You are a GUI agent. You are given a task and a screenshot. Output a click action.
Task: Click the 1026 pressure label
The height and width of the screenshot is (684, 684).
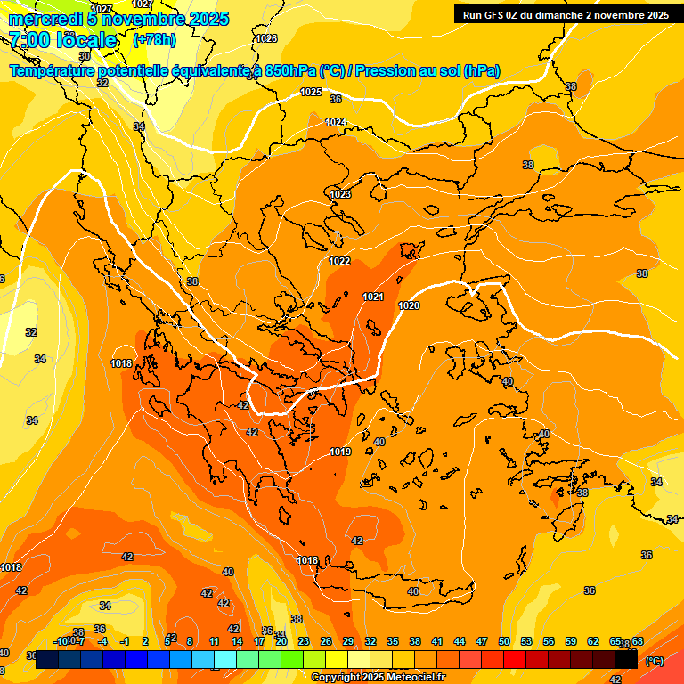[x=266, y=38]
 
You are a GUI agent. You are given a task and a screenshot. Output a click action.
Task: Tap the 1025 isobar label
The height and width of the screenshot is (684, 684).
[x=311, y=92]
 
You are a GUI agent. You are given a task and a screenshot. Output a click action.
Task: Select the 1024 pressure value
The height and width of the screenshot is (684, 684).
[x=336, y=122]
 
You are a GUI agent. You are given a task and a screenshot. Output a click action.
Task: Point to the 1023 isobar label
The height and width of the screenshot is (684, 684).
[x=340, y=194]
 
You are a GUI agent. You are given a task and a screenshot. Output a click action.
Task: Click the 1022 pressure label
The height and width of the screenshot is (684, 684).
[x=339, y=261]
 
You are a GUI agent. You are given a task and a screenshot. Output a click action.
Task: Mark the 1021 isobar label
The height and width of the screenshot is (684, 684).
[x=373, y=297]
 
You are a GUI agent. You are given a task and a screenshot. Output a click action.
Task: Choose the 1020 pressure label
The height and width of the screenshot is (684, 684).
[x=409, y=305]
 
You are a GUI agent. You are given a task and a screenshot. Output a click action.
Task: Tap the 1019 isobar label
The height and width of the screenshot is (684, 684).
[x=340, y=452]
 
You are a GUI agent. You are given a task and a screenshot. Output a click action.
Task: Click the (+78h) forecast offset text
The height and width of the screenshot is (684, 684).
[x=154, y=40]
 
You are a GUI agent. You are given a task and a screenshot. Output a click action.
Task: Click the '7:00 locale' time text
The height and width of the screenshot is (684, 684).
[x=61, y=40]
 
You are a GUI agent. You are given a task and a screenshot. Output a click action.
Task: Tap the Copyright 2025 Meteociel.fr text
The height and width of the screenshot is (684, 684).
[x=378, y=678]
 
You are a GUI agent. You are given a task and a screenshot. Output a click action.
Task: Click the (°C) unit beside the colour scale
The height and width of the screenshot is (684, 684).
[x=655, y=661]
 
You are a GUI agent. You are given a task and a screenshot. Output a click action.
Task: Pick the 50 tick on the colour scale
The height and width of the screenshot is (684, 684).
[x=504, y=641]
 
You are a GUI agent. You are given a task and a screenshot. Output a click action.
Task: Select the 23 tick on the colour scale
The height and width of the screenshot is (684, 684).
[x=304, y=641]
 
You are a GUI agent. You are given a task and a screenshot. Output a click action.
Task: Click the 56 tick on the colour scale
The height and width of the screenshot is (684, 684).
[x=549, y=641]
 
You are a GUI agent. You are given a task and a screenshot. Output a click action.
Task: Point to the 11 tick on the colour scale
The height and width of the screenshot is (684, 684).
[x=214, y=641]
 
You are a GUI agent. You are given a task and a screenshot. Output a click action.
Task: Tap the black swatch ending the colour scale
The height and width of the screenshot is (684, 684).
[x=627, y=659]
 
